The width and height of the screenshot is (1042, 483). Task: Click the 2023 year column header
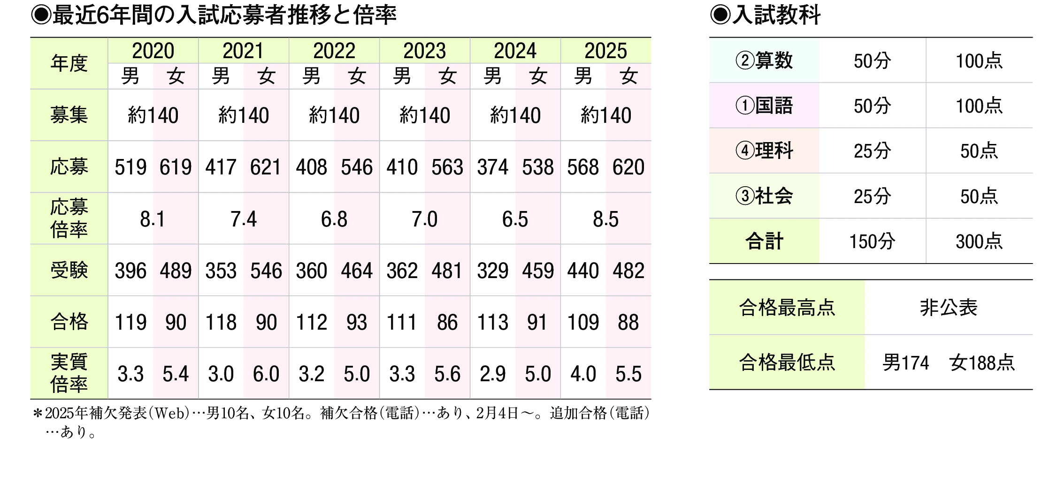pyautogui.click(x=424, y=51)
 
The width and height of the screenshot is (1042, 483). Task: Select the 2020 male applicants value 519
pyautogui.click(x=130, y=167)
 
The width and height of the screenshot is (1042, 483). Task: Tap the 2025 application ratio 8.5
pyautogui.click(x=605, y=219)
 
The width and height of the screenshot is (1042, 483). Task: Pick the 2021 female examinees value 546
pyautogui.click(x=266, y=271)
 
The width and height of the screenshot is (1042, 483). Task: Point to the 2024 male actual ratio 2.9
pyautogui.click(x=492, y=374)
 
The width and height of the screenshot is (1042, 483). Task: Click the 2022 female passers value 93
pyautogui.click(x=357, y=322)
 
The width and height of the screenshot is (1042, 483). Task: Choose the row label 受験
pyautogui.click(x=69, y=270)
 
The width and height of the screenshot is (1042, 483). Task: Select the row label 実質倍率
pyautogui.click(x=69, y=373)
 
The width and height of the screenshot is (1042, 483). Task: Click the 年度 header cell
pyautogui.click(x=69, y=63)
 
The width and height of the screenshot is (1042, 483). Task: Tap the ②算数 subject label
pyautogui.click(x=764, y=60)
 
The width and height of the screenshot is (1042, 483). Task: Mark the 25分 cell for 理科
pyautogui.click(x=872, y=151)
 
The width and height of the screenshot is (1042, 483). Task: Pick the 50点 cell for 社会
pyautogui.click(x=979, y=196)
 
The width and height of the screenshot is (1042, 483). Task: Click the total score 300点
pyautogui.click(x=979, y=241)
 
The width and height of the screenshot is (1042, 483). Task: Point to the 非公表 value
pyautogui.click(x=948, y=308)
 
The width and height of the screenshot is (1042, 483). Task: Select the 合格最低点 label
pyautogui.click(x=787, y=362)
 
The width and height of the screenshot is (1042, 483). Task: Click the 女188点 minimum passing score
pyautogui.click(x=982, y=362)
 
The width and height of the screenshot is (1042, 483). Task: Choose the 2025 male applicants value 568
pyautogui.click(x=583, y=167)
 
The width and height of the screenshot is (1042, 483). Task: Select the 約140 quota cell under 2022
pyautogui.click(x=334, y=115)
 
